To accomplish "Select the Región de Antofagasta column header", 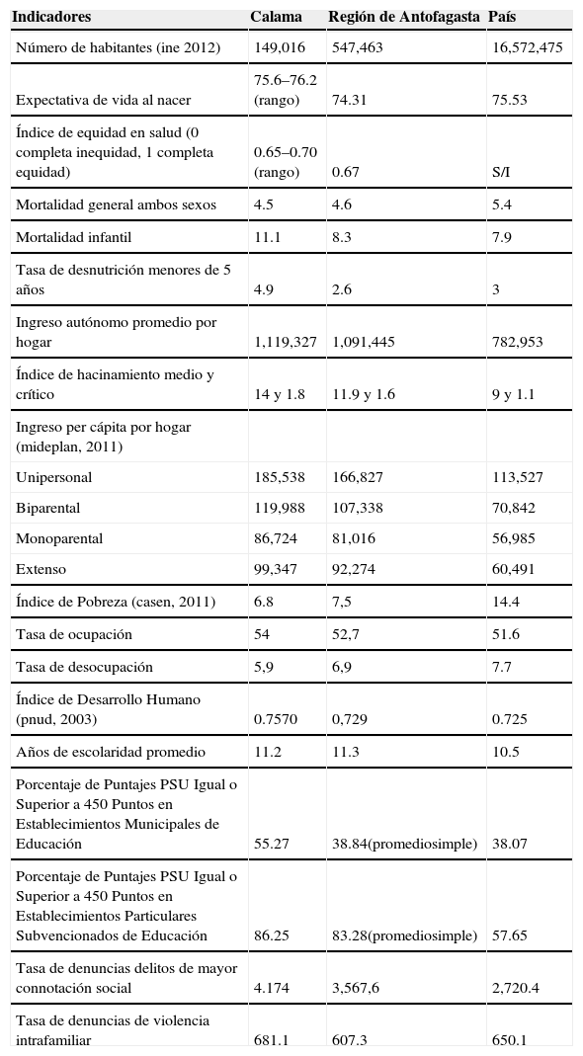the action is (x=404, y=18).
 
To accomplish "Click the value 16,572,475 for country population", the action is (x=528, y=47).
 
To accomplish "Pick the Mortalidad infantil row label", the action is (x=73, y=237).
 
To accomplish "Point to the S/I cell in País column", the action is (x=501, y=172).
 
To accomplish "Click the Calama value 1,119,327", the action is (x=285, y=342).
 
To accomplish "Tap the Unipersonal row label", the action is (x=53, y=477).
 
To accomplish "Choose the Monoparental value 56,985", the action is (x=514, y=539).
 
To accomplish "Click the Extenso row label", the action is (x=42, y=570).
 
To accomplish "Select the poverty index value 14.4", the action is (x=506, y=602).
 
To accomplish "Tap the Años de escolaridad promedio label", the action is (x=111, y=752).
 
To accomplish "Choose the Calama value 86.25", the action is (x=272, y=935).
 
